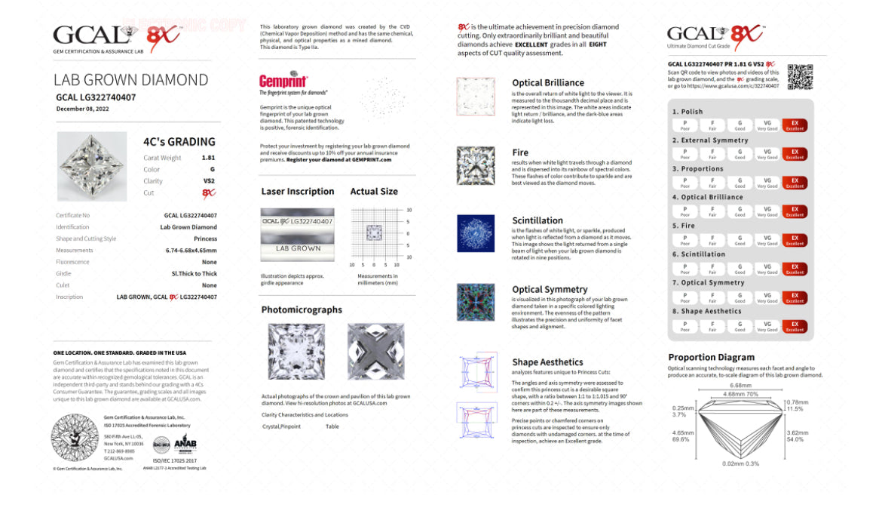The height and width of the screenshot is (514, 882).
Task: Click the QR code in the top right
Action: coord(800,77)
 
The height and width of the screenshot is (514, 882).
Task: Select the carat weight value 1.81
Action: coord(208,158)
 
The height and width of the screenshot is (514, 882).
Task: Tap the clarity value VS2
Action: coord(209,181)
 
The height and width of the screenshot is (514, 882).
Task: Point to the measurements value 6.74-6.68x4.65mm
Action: coord(191,250)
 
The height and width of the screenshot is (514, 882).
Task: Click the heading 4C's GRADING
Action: coord(179,141)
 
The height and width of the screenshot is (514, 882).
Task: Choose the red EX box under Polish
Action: coord(795,125)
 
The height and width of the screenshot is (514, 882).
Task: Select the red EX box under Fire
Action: coord(795,239)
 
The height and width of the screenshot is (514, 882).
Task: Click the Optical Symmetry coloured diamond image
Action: coord(476,303)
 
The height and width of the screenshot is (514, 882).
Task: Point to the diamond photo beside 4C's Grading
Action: coord(91,167)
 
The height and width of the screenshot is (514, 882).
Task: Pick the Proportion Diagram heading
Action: coord(711,357)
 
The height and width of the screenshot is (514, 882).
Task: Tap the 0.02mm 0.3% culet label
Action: coord(740,464)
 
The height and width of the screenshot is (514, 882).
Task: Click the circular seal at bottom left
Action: coord(74,437)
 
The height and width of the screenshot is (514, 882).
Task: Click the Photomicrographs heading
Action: coord(302,309)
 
